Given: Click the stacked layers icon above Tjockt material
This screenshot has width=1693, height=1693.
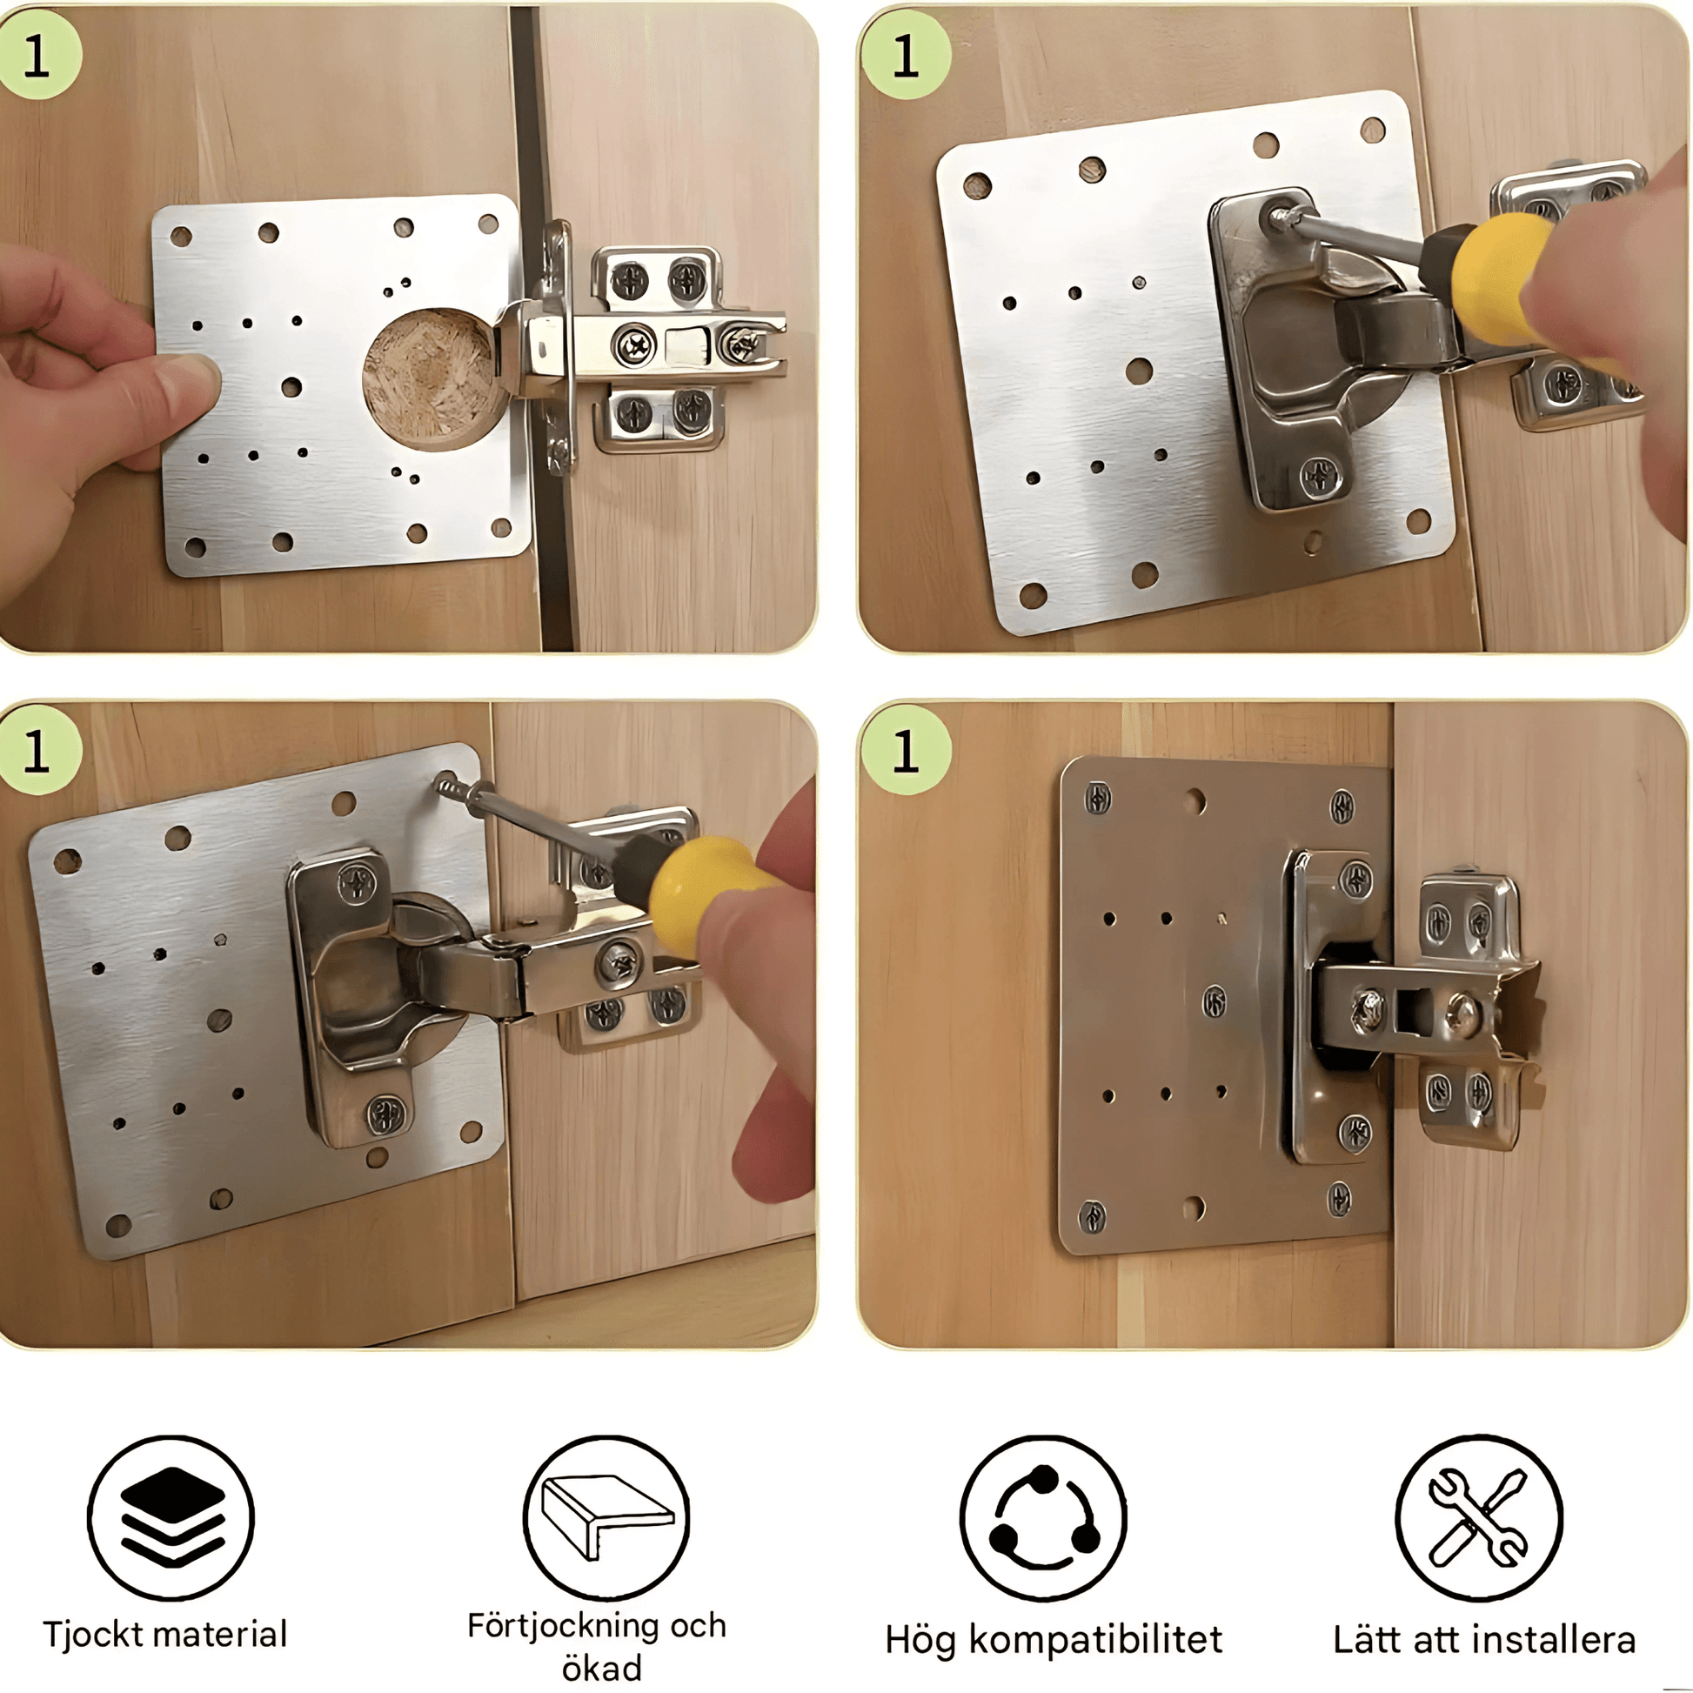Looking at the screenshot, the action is (x=171, y=1518).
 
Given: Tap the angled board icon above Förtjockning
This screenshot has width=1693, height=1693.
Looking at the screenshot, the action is (x=606, y=1518).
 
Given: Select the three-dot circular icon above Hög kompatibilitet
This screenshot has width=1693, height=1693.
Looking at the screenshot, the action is (x=1043, y=1518).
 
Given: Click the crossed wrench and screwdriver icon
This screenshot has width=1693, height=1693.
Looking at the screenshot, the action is (x=1479, y=1518).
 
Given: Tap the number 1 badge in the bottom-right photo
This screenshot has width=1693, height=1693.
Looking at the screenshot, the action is (x=905, y=751).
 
